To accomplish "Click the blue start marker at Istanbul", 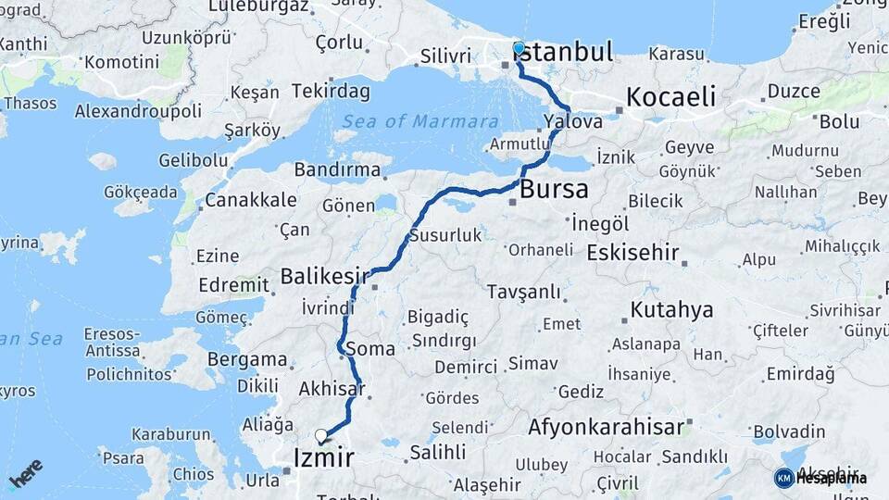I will (x=519, y=48).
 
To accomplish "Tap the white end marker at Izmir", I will (x=321, y=435).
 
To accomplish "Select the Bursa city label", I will (x=554, y=190).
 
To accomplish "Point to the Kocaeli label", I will (x=671, y=96).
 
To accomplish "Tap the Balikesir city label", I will (x=324, y=276).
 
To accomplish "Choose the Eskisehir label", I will (x=633, y=253).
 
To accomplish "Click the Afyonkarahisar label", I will (x=606, y=427).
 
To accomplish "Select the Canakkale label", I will (x=251, y=199).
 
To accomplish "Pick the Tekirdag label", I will (x=331, y=91).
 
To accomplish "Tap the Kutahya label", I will (x=672, y=309).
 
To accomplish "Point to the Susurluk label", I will (x=445, y=235).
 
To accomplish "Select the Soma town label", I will (x=375, y=349).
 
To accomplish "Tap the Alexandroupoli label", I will (x=138, y=111).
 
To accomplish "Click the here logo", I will (x=26, y=473).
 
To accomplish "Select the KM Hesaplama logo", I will (x=820, y=478).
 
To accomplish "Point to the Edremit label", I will (x=232, y=285).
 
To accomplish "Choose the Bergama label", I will (x=247, y=359).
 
